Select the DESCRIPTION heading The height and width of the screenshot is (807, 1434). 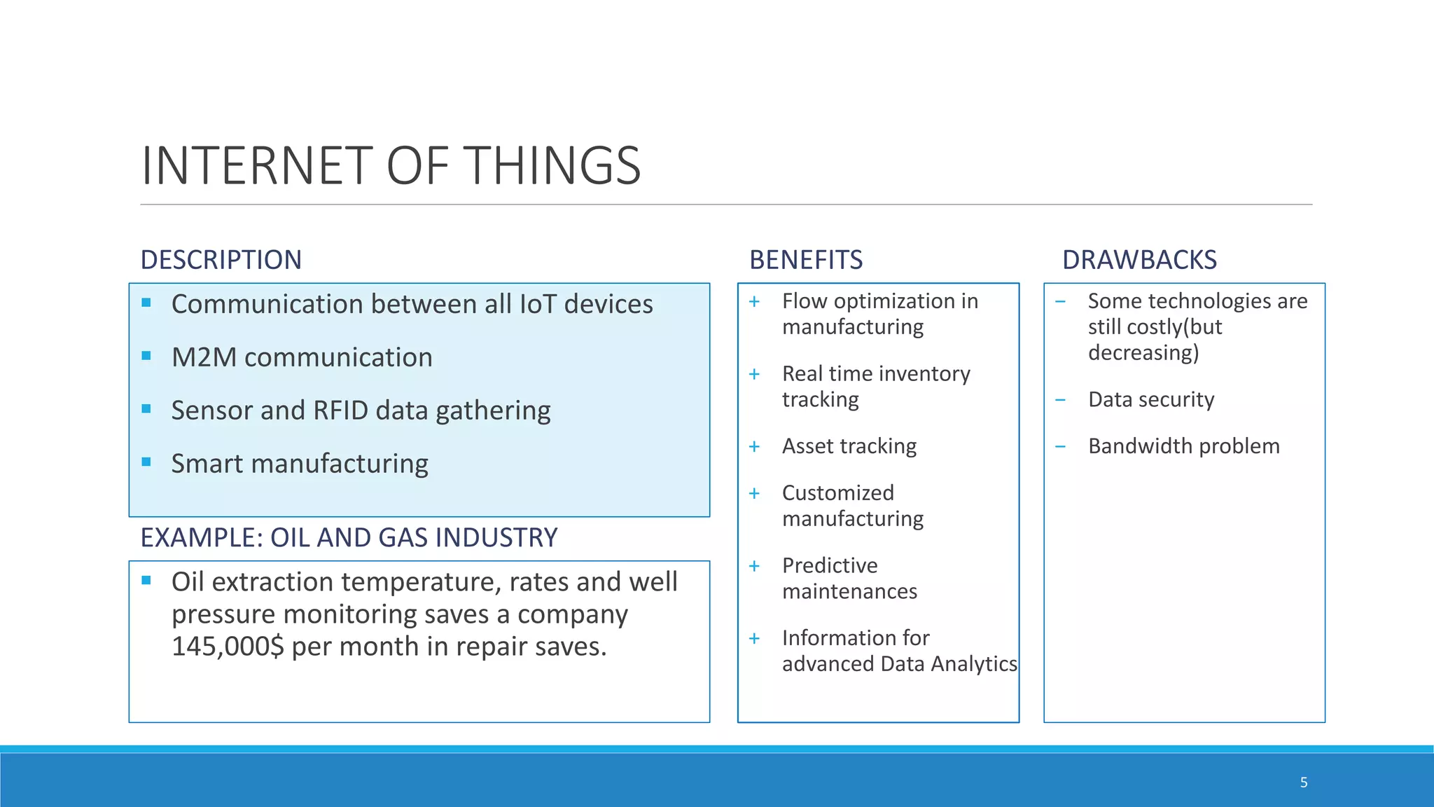(221, 260)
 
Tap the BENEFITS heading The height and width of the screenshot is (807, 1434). (806, 260)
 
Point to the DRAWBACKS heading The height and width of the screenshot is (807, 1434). (1139, 260)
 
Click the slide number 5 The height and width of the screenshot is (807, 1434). (1304, 782)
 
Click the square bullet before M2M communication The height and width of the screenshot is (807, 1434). (146, 356)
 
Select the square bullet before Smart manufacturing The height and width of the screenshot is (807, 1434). (146, 462)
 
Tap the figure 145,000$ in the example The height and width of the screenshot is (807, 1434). (228, 646)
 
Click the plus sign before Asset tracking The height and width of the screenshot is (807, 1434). (754, 447)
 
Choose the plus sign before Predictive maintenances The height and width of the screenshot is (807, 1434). (754, 566)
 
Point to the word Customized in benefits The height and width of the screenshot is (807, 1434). (837, 493)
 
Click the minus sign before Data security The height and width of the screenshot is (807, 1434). (1061, 400)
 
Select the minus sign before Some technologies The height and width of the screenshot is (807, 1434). (1061, 302)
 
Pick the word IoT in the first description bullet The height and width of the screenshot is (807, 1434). (538, 304)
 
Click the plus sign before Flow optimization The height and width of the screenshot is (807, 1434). (754, 302)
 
